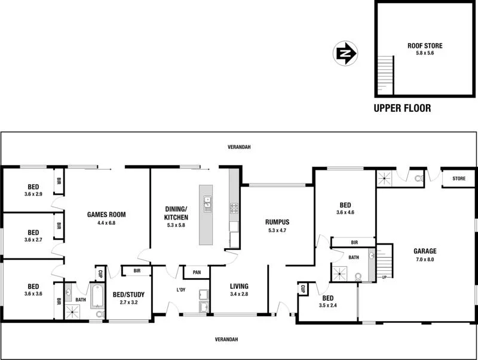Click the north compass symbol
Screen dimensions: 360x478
point(345,54)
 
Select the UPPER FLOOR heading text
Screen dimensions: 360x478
point(402,108)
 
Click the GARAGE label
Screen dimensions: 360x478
point(425,251)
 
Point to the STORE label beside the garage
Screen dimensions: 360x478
point(458,178)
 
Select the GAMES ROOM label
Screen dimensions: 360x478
point(106,214)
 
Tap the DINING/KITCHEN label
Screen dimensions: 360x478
point(176,213)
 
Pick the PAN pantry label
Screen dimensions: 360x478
point(195,273)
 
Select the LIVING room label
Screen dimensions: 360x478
point(239,286)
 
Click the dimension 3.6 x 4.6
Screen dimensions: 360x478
point(345,212)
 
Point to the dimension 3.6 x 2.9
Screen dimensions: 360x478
point(33,194)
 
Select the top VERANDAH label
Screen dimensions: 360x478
point(238,147)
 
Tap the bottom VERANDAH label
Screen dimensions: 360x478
point(226,339)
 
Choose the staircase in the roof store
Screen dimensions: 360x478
point(386,75)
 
